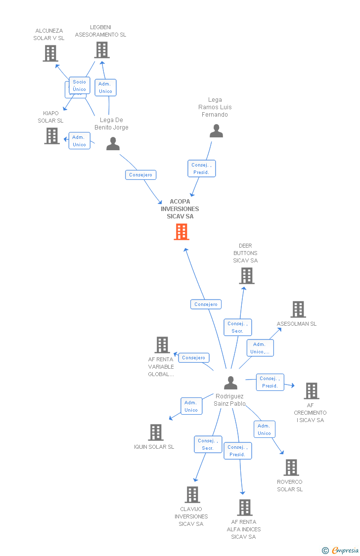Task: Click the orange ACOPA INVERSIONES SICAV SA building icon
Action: pyautogui.click(x=181, y=231)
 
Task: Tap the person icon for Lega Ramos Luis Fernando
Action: pyautogui.click(x=216, y=131)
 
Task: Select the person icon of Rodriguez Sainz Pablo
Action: pyautogui.click(x=230, y=383)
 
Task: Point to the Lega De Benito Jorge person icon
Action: pyautogui.click(x=113, y=144)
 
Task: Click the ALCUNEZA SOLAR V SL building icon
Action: pyautogui.click(x=50, y=53)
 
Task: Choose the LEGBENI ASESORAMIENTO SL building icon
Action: pyautogui.click(x=102, y=50)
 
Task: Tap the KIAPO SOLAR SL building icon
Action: pyautogui.click(x=52, y=136)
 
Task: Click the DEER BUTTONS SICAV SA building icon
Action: pyautogui.click(x=247, y=276)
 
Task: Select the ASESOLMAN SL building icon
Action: pyautogui.click(x=298, y=309)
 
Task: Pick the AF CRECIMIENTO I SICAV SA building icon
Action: pyautogui.click(x=312, y=391)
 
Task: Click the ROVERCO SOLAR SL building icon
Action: pyautogui.click(x=291, y=468)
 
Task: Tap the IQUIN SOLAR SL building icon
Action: pyautogui.click(x=156, y=432)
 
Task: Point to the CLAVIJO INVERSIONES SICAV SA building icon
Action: pyautogui.click(x=192, y=495)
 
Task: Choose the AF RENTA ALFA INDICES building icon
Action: pyautogui.click(x=245, y=508)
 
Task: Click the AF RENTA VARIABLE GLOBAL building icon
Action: pyautogui.click(x=162, y=345)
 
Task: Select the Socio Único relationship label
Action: pyautogui.click(x=80, y=86)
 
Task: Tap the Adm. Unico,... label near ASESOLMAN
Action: pyautogui.click(x=260, y=348)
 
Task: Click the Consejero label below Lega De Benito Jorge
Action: pyautogui.click(x=141, y=175)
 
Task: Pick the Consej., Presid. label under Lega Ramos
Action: pyautogui.click(x=201, y=169)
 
